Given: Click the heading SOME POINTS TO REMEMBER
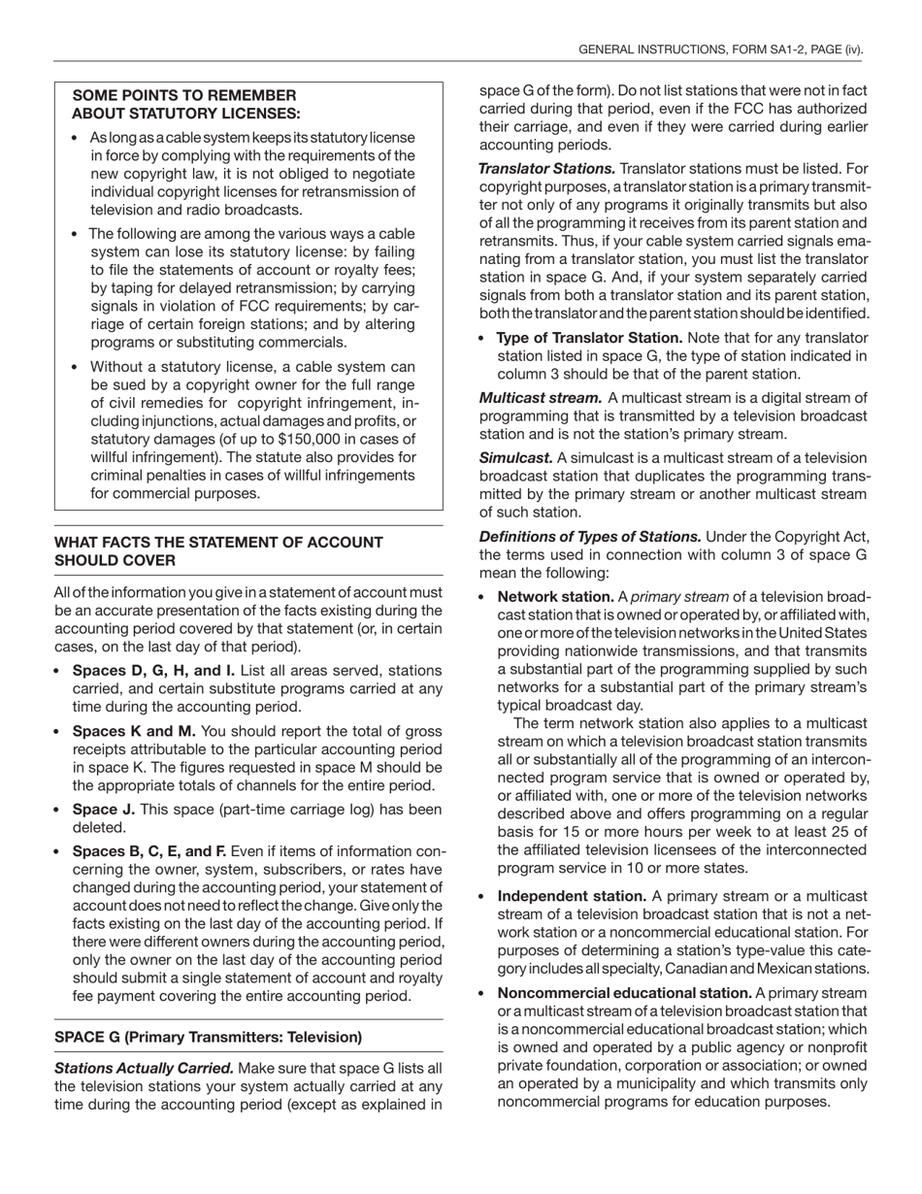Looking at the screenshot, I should click(x=184, y=95).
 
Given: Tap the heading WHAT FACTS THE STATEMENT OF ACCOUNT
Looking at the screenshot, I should click(x=218, y=543).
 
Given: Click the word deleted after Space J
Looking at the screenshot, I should click(x=99, y=828).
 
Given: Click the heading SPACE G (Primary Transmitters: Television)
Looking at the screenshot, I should click(x=208, y=1037).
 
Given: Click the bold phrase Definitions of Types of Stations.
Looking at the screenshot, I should click(x=590, y=537).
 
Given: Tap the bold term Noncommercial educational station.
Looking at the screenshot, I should click(x=624, y=993).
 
